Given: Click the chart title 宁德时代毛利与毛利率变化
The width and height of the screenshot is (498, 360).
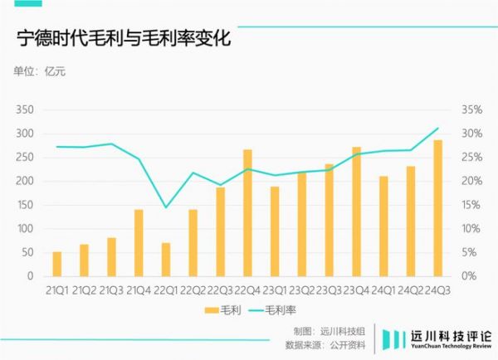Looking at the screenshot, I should [x=124, y=38].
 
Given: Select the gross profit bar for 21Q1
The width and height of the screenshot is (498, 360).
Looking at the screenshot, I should [x=57, y=264].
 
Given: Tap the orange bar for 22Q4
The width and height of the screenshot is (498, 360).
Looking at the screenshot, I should [x=247, y=213].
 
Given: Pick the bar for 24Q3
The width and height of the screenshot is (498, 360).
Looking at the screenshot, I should [x=437, y=208].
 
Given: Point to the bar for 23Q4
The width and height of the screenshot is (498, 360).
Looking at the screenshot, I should [x=356, y=212].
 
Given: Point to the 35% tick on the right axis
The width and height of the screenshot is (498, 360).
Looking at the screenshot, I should [x=471, y=110].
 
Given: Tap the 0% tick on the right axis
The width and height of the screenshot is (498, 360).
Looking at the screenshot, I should [x=468, y=276].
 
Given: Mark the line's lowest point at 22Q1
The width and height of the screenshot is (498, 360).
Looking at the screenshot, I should [x=166, y=207].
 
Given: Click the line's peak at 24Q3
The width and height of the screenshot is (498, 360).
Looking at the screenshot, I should [x=437, y=129].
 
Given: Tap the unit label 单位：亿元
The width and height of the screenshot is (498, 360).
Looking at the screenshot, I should [x=39, y=71].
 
